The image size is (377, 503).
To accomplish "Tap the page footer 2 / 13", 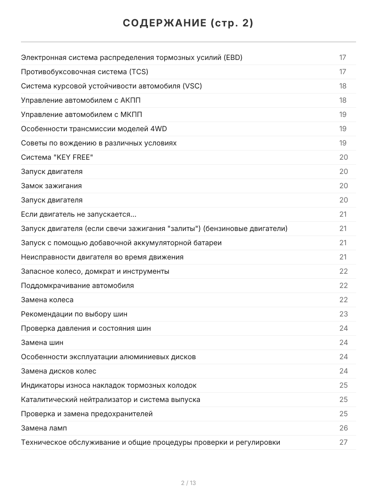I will (188, 483).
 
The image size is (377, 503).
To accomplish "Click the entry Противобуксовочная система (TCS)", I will (85, 72).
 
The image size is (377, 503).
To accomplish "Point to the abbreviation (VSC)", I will (192, 86).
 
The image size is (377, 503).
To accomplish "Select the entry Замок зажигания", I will (52, 186).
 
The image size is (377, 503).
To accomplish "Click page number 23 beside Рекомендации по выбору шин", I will (343, 314).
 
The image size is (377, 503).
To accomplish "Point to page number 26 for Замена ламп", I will (343, 428).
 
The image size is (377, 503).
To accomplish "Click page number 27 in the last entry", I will (343, 442).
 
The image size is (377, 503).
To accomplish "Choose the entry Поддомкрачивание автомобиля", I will (77, 285).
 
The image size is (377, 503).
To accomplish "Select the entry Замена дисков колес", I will (59, 371).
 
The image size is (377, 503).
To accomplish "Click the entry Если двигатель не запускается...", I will (78, 214).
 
